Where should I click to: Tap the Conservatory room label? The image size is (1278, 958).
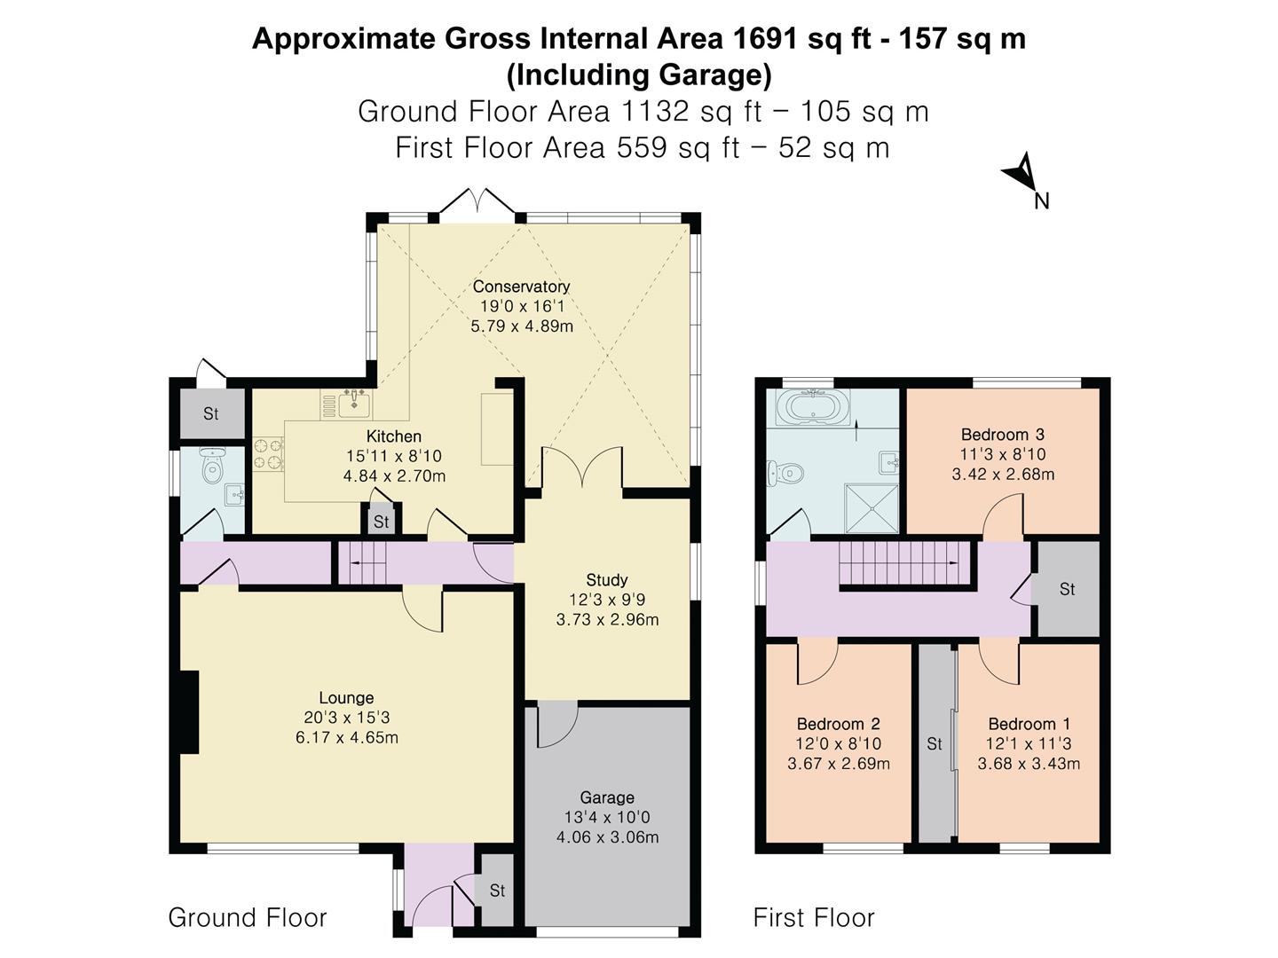click(x=520, y=287)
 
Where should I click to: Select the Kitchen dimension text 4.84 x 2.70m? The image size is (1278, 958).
click(x=394, y=476)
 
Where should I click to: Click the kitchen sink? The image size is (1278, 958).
click(x=355, y=404)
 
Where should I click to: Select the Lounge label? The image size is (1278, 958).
click(x=346, y=698)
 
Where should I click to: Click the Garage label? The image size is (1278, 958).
click(x=607, y=797)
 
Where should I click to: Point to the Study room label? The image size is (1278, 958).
click(x=607, y=580)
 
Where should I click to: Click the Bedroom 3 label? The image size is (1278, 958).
click(x=1002, y=435)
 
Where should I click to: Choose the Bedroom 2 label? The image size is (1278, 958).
click(x=838, y=724)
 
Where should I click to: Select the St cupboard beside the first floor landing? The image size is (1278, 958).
click(x=1068, y=589)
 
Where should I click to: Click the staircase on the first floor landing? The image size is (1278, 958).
click(x=900, y=564)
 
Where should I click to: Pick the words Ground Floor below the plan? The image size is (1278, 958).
click(x=248, y=917)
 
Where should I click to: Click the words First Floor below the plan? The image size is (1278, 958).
click(x=814, y=917)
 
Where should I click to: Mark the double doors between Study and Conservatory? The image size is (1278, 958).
click(x=582, y=467)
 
